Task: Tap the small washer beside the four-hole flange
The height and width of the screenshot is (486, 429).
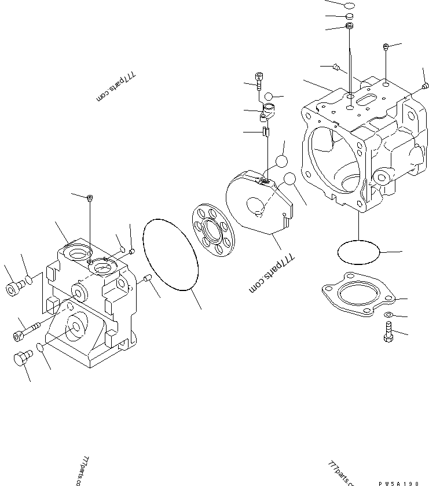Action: [x=388, y=314]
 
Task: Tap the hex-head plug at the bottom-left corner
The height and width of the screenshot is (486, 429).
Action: [x=21, y=359]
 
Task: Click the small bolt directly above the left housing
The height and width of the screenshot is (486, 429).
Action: [x=90, y=199]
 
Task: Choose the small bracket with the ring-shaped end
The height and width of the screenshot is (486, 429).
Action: [x=269, y=111]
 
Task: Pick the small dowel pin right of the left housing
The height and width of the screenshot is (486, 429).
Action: [x=146, y=281]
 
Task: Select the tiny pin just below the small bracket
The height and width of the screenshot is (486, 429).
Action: [x=265, y=132]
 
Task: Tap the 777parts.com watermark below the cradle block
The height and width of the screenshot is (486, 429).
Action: [x=272, y=274]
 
